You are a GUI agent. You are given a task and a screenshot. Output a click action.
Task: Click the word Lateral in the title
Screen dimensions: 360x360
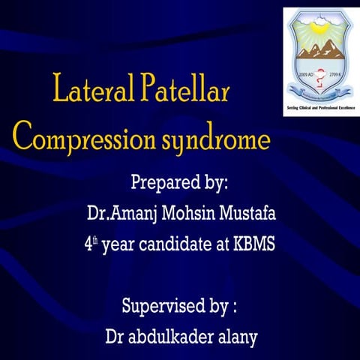89,92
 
